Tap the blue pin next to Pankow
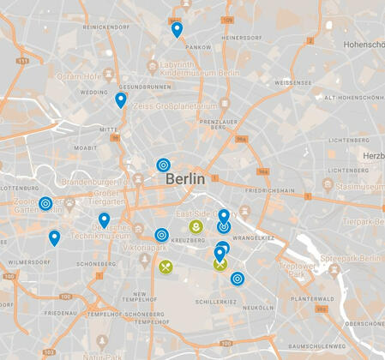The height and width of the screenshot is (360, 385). pos(177,30)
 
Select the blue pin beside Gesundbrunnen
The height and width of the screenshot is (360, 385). pos(121,100)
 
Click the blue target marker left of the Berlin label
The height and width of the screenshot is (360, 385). pos(163,165)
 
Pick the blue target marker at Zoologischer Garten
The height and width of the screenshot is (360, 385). pos(45,204)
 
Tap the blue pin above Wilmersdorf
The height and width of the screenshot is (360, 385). pos(54,237)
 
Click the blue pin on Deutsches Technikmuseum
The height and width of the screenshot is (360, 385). pos(104,220)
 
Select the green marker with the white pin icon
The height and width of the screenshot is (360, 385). pos(196,227)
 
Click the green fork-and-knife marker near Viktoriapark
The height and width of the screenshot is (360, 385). pos(165,266)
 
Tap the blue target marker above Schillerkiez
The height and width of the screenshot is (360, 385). pos(237,278)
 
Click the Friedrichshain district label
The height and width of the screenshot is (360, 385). pos(270,189)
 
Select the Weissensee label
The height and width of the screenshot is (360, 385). pos(292,83)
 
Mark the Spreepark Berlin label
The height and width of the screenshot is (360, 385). pos(349,259)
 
